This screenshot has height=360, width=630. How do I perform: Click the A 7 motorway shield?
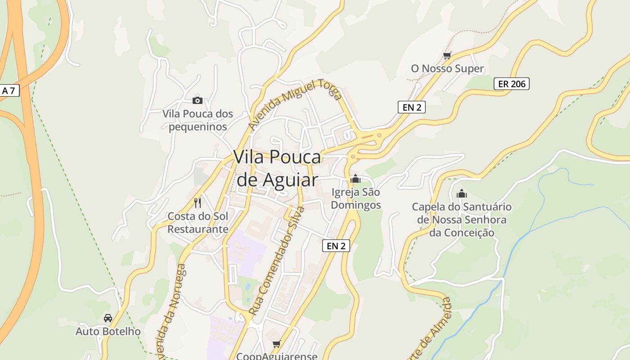tap(9, 90)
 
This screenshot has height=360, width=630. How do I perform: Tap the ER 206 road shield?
tap(512, 84)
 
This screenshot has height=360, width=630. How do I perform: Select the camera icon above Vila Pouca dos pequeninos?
tap(197, 100)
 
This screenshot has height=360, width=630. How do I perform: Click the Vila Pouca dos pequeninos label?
tap(198, 120)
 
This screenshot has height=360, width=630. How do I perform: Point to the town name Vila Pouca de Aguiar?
tap(277, 168)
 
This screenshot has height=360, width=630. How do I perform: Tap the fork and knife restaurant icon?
tap(198, 202)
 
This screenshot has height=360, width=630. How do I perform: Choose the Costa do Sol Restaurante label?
tap(198, 222)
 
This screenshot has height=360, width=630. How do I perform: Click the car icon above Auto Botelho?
tap(108, 318)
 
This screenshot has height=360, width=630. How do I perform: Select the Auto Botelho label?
tap(108, 332)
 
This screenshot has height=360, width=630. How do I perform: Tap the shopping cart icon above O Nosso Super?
tap(447, 56)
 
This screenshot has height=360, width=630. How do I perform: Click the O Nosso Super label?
tap(447, 69)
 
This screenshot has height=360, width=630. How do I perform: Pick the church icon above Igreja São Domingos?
tap(355, 179)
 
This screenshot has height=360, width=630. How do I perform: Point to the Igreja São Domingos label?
tap(355, 198)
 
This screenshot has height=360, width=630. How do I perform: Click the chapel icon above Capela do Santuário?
tap(462, 194)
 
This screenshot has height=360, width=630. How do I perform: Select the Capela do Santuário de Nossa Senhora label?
tap(462, 220)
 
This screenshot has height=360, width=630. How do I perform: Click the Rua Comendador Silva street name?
tap(277, 261)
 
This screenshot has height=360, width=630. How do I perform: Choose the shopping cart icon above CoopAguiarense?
tap(276, 344)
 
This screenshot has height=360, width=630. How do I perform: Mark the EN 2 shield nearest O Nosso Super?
tap(412, 107)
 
